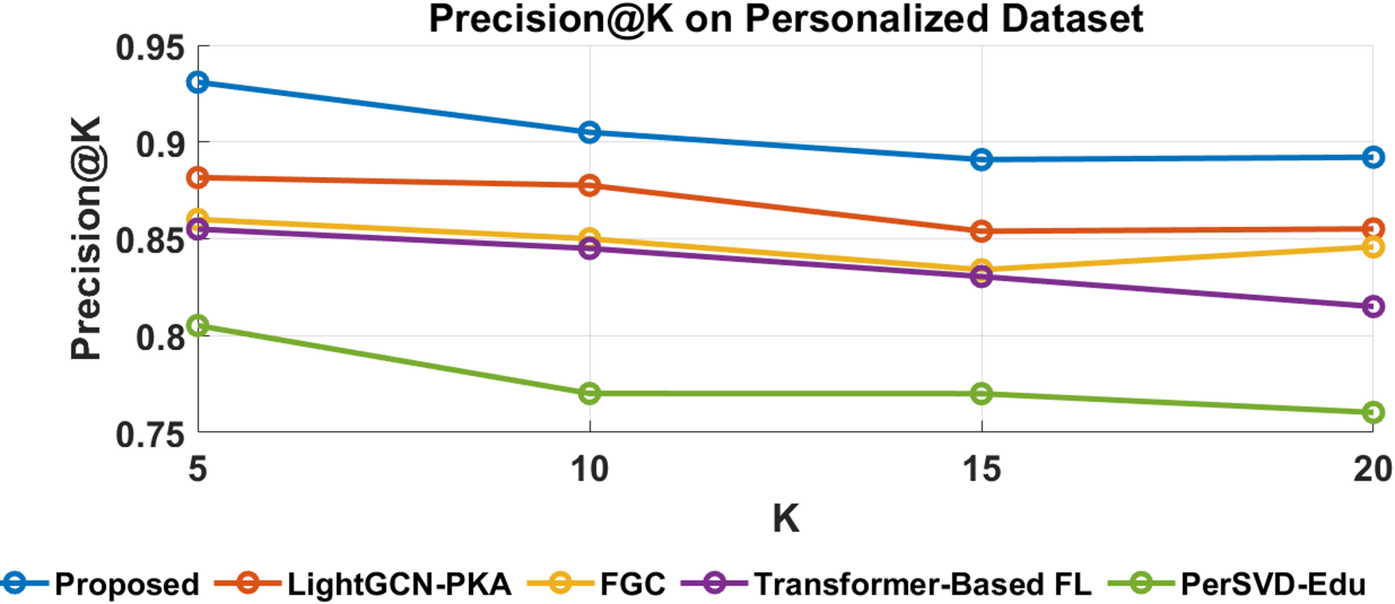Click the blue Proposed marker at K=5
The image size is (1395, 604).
[x=198, y=83]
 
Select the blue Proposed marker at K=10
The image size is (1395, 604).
[x=589, y=132]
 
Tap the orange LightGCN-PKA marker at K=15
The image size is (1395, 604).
[x=981, y=231]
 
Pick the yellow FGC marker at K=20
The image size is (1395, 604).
[x=1372, y=247]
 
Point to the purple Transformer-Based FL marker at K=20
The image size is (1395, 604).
[x=1372, y=306]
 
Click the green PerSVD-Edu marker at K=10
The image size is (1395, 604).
[x=589, y=394]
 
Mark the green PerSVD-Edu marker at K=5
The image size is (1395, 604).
[x=198, y=326]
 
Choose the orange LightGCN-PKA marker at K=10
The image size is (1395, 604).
[x=589, y=185]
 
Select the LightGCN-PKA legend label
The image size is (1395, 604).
[x=399, y=584]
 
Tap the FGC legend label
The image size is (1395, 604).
[x=632, y=584]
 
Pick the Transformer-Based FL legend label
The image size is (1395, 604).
[x=923, y=584]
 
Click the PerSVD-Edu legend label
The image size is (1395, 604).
[x=1273, y=584]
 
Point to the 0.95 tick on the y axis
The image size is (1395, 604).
[x=150, y=49]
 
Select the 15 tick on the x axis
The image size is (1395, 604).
[x=981, y=469]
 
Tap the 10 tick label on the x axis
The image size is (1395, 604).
[x=589, y=469]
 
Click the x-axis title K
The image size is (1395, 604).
[x=785, y=518]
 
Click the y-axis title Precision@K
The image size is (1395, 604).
[x=87, y=238]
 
